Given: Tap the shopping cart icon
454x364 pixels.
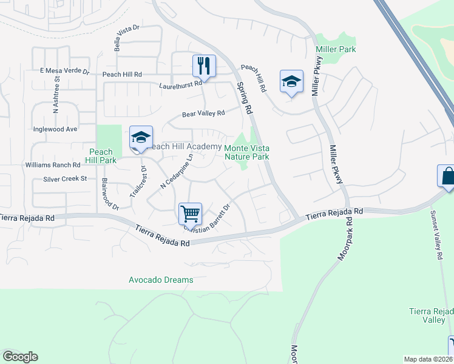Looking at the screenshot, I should tap(190, 214).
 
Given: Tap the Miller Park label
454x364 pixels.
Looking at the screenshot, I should tap(336, 49).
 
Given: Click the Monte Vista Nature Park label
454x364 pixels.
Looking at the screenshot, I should tap(247, 152).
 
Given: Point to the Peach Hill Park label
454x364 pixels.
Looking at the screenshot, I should tap(100, 156).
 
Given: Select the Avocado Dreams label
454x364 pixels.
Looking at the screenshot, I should tap(161, 280).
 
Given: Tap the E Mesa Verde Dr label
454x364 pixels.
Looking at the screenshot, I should tap(64, 72).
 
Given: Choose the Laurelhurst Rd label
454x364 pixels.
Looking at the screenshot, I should tap(180, 86).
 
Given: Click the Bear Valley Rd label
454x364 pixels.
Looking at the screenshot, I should tap(204, 113).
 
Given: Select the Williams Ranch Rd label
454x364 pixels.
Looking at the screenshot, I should tap(53, 164).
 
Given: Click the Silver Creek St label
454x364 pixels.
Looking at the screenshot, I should tap(66, 179).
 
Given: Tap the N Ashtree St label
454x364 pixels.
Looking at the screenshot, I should tap(56, 94).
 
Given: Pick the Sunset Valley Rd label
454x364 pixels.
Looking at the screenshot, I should tap(436, 235).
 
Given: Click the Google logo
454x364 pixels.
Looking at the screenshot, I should tap(20, 357).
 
